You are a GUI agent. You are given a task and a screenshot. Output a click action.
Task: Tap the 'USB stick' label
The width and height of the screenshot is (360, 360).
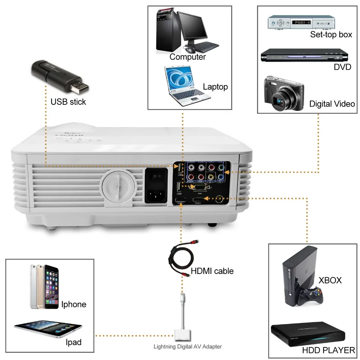[x=68, y=102]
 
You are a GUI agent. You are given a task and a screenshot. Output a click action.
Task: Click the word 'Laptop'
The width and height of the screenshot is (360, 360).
[x=215, y=87]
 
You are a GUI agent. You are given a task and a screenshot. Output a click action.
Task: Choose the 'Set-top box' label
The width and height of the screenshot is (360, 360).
[x=331, y=35]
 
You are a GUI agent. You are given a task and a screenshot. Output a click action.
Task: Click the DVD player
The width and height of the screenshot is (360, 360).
[x=305, y=56]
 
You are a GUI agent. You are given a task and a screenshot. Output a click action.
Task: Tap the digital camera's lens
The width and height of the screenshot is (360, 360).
[x=282, y=102]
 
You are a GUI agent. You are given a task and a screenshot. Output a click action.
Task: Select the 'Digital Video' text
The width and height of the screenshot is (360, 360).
[x=332, y=104]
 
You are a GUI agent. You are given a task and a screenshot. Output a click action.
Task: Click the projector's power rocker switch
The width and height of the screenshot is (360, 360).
[x=156, y=176]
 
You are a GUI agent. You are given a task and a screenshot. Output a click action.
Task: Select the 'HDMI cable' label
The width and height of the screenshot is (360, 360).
[x=212, y=271]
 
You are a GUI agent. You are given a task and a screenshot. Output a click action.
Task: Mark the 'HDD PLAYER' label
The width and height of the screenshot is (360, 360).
[x=328, y=350]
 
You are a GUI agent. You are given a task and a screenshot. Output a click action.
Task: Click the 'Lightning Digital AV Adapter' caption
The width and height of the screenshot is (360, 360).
[x=188, y=347]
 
